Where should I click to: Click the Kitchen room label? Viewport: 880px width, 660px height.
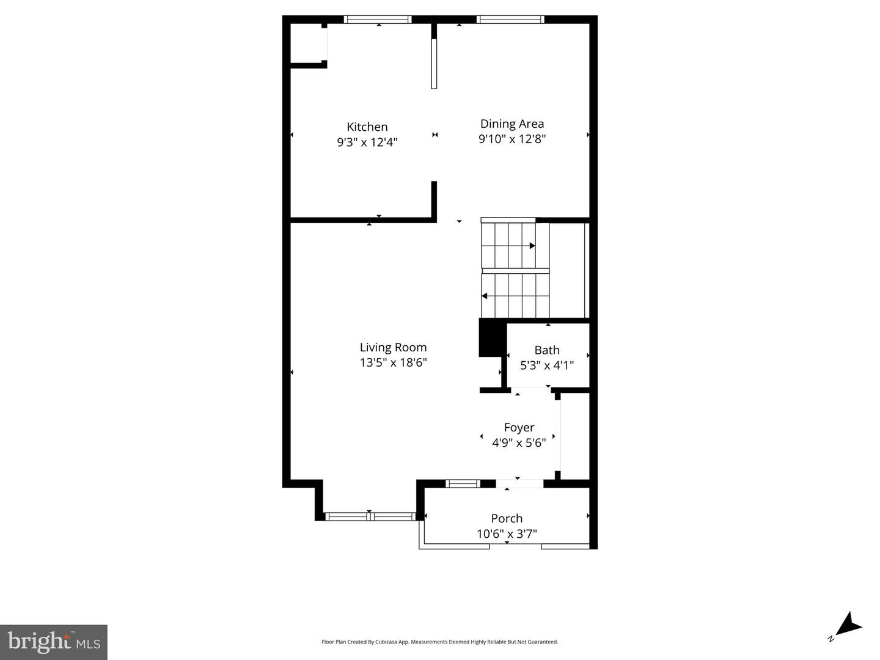point(367,127)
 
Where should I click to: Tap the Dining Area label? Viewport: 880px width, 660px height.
point(512,124)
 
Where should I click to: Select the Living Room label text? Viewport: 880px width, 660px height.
point(393,348)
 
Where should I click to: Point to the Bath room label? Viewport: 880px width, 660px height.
point(547,350)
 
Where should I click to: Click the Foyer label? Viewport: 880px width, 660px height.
point(519,428)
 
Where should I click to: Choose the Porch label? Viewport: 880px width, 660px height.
point(507,519)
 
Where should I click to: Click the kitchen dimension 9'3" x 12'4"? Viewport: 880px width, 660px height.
point(367,142)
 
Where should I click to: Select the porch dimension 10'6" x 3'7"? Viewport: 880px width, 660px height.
point(507,534)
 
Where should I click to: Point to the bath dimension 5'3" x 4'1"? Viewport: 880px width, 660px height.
point(547,365)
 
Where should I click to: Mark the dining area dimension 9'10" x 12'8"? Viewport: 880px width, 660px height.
point(512,139)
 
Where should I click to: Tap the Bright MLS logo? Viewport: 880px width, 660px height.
point(54,642)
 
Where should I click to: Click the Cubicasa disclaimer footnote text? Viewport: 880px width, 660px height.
point(440,642)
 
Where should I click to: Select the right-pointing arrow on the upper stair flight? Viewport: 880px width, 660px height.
point(532,246)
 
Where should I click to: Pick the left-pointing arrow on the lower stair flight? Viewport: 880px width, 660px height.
point(485,296)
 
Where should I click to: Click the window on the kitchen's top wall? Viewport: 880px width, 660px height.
point(378,20)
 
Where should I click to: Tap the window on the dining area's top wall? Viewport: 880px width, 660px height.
point(510,20)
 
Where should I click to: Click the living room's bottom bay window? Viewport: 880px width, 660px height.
point(370,516)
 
